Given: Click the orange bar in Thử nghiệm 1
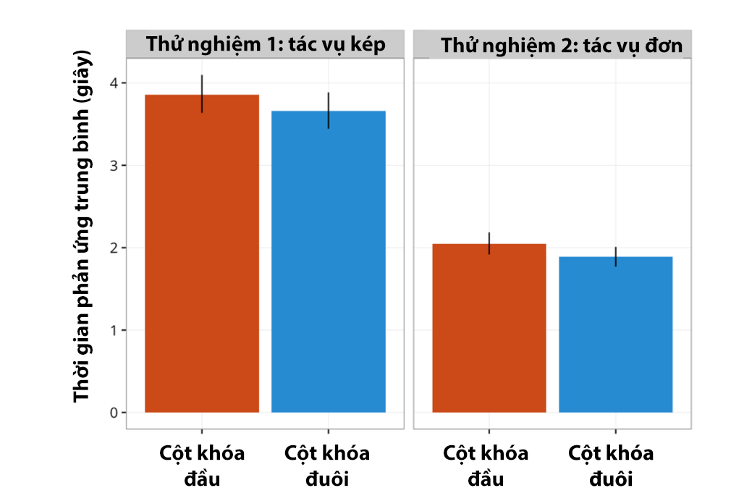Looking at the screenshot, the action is pos(202,253).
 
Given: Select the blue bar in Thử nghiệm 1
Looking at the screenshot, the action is pos(329,261).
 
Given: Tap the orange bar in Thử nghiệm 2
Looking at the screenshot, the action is pos(489,328).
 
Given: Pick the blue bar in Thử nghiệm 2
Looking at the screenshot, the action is pos(616,334).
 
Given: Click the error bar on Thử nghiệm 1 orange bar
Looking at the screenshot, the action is pos(202,94).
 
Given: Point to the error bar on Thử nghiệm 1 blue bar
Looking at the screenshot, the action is pos(329,110).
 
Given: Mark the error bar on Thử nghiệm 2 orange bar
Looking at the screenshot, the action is pos(489,243).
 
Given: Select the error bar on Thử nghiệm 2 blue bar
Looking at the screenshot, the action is pos(616,257).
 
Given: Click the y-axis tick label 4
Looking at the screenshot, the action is pos(114,83).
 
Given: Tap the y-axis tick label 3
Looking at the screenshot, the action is pos(114,166).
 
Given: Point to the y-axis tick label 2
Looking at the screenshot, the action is pos(114,248).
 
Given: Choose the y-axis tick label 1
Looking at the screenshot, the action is pos(114,330).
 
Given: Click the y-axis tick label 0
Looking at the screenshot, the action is pos(114,413).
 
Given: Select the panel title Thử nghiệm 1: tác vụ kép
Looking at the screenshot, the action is pos(266,44).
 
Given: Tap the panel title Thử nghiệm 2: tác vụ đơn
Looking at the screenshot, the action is pos(562,45).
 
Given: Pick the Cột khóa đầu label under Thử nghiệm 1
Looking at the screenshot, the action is pos(202,466).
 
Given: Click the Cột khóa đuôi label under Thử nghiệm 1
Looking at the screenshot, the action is pos(327,466).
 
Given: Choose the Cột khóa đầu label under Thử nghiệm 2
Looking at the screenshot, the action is pos(486,466).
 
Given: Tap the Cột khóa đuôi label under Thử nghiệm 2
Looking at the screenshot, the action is pos(611,466).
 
